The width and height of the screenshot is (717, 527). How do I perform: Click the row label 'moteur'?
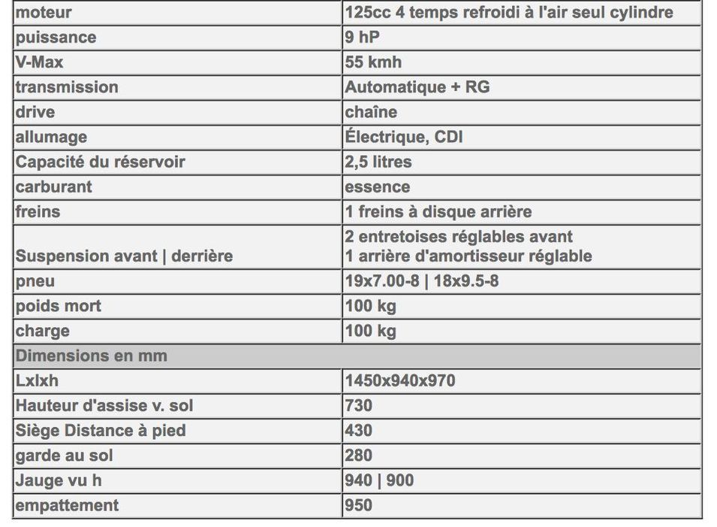pos(43,13)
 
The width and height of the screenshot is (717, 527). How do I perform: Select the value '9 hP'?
pos(362,38)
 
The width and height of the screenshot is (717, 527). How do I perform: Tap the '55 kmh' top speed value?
pos(373,62)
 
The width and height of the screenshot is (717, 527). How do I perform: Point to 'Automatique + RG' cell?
pos(417,87)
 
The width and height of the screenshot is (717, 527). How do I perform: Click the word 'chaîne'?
pos(371,112)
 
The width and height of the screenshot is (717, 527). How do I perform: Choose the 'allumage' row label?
pos(51,137)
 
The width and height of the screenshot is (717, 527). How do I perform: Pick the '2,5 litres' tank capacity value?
pos(378,162)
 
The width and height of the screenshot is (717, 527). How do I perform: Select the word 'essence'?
pos(378,186)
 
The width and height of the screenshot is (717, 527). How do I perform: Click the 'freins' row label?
pos(38,211)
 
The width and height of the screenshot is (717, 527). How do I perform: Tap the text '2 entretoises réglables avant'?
pos(459,237)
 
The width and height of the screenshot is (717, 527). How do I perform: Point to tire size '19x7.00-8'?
pos(385,281)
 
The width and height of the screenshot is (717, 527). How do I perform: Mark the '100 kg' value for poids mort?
pos(370,306)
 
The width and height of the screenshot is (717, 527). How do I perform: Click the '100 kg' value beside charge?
pos(370,331)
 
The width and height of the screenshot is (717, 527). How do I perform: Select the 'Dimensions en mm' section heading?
pos(91,356)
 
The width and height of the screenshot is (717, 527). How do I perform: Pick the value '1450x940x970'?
pos(400,380)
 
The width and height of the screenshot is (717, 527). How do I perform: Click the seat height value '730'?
pos(359,405)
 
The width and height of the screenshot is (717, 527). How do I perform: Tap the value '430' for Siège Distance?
pos(359,430)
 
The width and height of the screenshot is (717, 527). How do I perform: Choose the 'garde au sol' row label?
pos(65,455)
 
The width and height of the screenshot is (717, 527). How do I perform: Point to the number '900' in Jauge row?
pos(400,480)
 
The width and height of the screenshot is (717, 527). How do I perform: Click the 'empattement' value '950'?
pos(359,504)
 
